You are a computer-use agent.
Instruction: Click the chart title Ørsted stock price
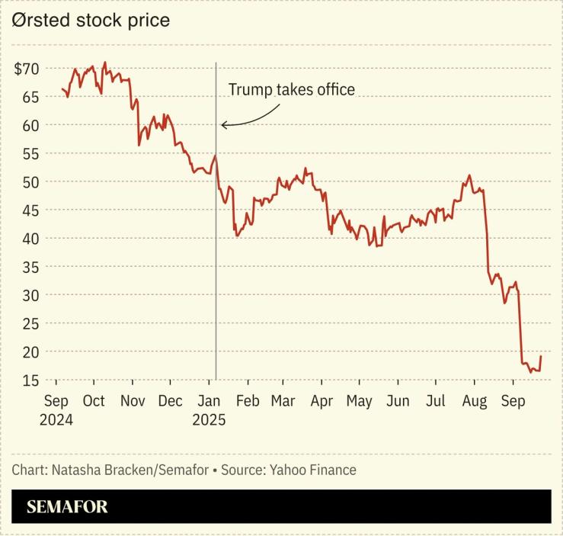91,21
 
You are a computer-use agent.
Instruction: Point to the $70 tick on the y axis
27,69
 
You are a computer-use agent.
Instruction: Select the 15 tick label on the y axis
30,380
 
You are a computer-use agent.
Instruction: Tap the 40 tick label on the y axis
30,239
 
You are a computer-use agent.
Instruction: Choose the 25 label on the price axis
30,323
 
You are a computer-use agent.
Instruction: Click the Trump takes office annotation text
292,90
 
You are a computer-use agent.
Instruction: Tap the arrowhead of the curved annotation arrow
223,125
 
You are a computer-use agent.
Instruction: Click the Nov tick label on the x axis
133,401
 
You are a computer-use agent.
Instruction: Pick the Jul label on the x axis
436,401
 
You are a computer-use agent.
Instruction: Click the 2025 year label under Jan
209,419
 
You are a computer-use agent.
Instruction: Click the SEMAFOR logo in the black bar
68,507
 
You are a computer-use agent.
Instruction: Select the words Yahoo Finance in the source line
313,470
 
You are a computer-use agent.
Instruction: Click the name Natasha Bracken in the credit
102,470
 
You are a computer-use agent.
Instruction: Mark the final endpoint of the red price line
541,356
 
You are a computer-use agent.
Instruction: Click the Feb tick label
248,401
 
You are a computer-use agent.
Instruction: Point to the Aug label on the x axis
475,401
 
